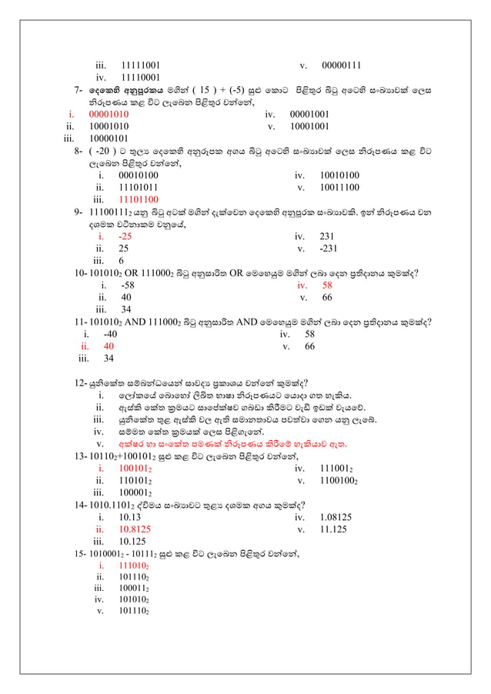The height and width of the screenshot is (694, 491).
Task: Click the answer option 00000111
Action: (x=341, y=65)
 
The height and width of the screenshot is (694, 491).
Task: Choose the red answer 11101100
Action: (x=140, y=199)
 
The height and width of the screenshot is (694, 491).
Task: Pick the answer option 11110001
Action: (x=140, y=77)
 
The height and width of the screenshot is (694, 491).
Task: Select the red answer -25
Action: (x=125, y=235)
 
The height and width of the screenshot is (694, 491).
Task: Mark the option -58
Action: (x=123, y=285)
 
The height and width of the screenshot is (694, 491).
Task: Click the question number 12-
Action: (x=78, y=383)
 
